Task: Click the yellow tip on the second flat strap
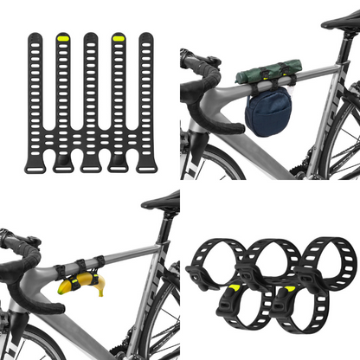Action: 62,39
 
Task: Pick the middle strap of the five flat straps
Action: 90,95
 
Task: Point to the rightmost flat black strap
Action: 145,95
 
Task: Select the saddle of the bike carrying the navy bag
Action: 340,20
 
